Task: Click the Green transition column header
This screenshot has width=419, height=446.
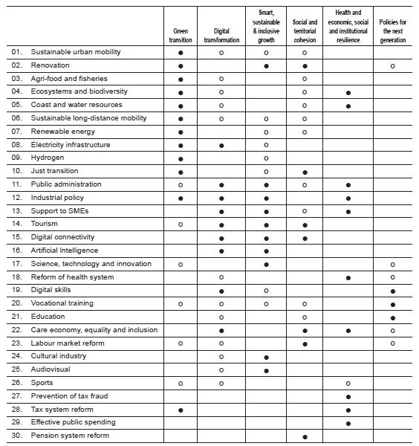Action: (181, 36)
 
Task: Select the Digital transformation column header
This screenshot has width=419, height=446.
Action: (221, 36)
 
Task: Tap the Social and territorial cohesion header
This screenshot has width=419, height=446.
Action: (304, 31)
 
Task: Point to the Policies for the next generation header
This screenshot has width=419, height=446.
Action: (392, 31)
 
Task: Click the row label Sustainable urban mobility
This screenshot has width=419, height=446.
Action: (76, 53)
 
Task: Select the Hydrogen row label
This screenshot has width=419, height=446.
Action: (48, 158)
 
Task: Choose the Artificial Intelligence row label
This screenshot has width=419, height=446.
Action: (64, 251)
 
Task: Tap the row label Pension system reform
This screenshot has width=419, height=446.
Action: (70, 436)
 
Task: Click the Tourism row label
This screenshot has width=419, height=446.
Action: (45, 224)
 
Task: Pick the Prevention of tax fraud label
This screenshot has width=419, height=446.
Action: (69, 396)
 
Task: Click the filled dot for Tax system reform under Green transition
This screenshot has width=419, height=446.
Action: (181, 410)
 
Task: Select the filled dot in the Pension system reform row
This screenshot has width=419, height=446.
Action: (305, 436)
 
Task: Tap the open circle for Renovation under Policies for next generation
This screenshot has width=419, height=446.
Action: (392, 66)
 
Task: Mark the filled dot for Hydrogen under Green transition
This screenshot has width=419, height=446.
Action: (181, 158)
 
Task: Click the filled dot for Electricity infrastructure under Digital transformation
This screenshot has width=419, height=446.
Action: (221, 145)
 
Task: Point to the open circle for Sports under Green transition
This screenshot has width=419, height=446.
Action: (181, 384)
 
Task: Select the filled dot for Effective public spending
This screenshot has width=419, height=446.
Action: (348, 423)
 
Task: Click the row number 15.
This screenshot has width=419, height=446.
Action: (16, 238)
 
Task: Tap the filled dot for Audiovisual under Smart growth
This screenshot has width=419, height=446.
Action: (265, 370)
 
